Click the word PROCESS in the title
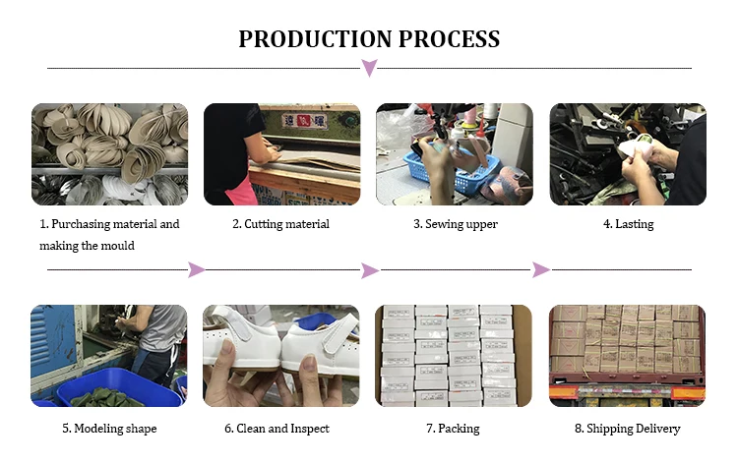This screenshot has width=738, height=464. click(x=445, y=39)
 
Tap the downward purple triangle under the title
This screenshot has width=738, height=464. click(x=369, y=68)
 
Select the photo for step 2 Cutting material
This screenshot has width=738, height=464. click(x=281, y=154)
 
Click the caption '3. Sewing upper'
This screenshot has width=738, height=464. click(x=456, y=224)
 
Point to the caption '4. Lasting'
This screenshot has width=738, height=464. click(x=628, y=224)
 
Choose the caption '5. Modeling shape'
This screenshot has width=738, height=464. click(x=109, y=429)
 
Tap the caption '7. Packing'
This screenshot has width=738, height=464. click(x=455, y=429)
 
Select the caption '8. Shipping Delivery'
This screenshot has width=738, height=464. click(x=628, y=429)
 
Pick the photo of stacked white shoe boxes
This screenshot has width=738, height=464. click(x=454, y=356)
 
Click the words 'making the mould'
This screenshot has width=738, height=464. click(x=87, y=246)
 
